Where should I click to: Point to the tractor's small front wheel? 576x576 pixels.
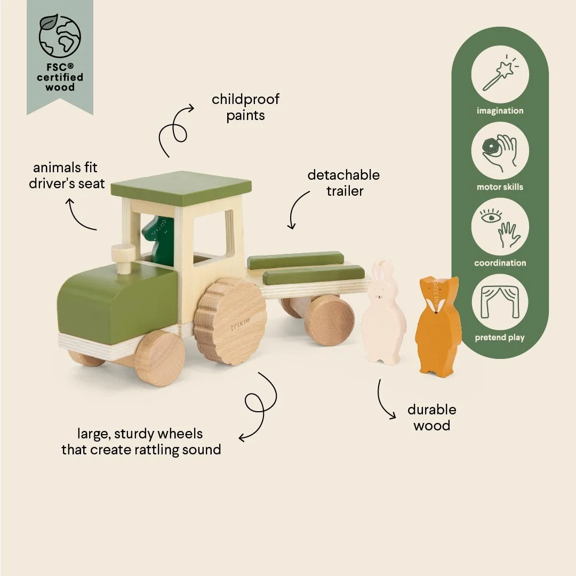[160, 358]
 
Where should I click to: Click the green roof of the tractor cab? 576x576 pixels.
[181, 188]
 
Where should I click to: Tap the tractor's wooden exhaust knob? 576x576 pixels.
[123, 258]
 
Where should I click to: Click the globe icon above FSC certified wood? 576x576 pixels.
[60, 36]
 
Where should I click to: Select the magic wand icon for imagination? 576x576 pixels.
[500, 74]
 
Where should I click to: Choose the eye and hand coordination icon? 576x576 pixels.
[500, 227]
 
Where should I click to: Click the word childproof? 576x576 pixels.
[245, 100]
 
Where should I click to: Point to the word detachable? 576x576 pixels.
[343, 175]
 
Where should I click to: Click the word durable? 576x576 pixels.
[432, 409]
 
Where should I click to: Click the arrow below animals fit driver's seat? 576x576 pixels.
[78, 217]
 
